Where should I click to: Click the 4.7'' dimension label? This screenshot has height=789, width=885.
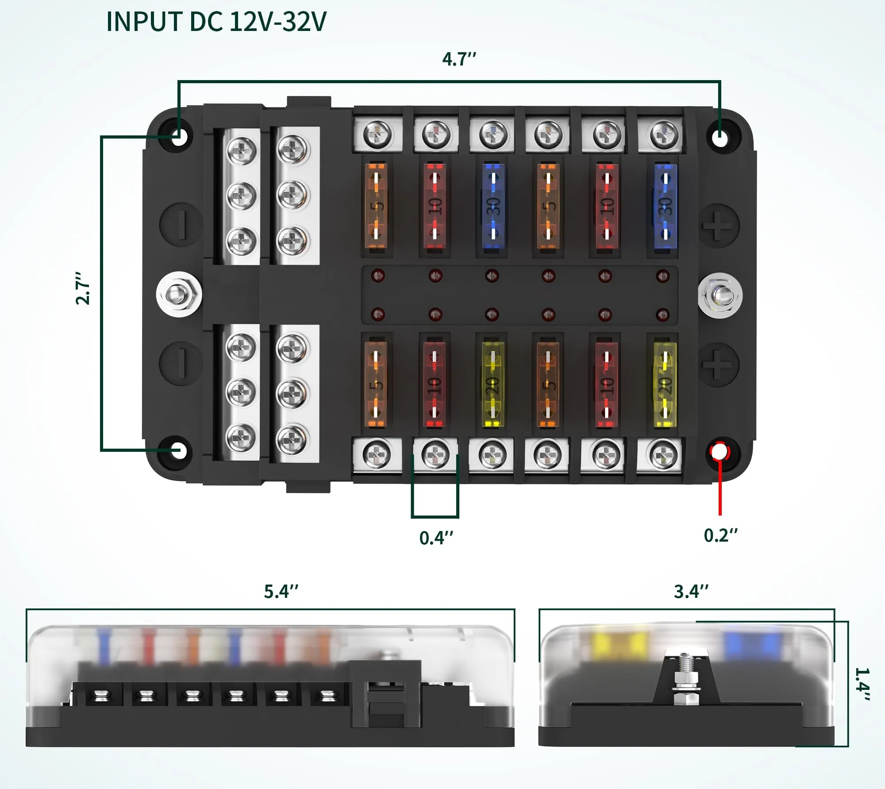pyautogui.click(x=459, y=59)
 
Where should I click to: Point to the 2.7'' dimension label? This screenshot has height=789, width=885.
pyautogui.click(x=83, y=288)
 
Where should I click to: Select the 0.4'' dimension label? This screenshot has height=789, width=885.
pyautogui.click(x=436, y=538)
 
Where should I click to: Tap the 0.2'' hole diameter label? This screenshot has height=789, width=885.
pyautogui.click(x=720, y=535)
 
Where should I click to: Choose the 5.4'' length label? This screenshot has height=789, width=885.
pyautogui.click(x=281, y=592)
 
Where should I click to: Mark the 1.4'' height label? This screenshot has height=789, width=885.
pyautogui.click(x=862, y=684)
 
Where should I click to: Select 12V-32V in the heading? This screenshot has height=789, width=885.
pyautogui.click(x=278, y=22)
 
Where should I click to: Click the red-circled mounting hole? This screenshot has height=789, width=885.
pyautogui.click(x=719, y=452)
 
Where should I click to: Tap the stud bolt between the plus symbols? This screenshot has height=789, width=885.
pyautogui.click(x=720, y=295)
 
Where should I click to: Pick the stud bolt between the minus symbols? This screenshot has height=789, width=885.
pyautogui.click(x=179, y=294)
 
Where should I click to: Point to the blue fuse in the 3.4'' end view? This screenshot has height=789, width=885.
pyautogui.click(x=752, y=644)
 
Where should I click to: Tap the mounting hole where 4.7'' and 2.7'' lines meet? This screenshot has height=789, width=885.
pyautogui.click(x=179, y=136)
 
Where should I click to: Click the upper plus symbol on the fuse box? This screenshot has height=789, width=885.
pyautogui.click(x=718, y=226)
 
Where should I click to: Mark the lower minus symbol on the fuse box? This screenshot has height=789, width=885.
pyautogui.click(x=181, y=363)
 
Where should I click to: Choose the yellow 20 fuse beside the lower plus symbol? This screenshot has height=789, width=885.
pyautogui.click(x=665, y=384)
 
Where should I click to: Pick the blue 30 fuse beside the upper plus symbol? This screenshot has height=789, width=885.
pyautogui.click(x=665, y=206)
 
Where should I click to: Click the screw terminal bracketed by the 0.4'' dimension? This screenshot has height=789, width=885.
pyautogui.click(x=435, y=455)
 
